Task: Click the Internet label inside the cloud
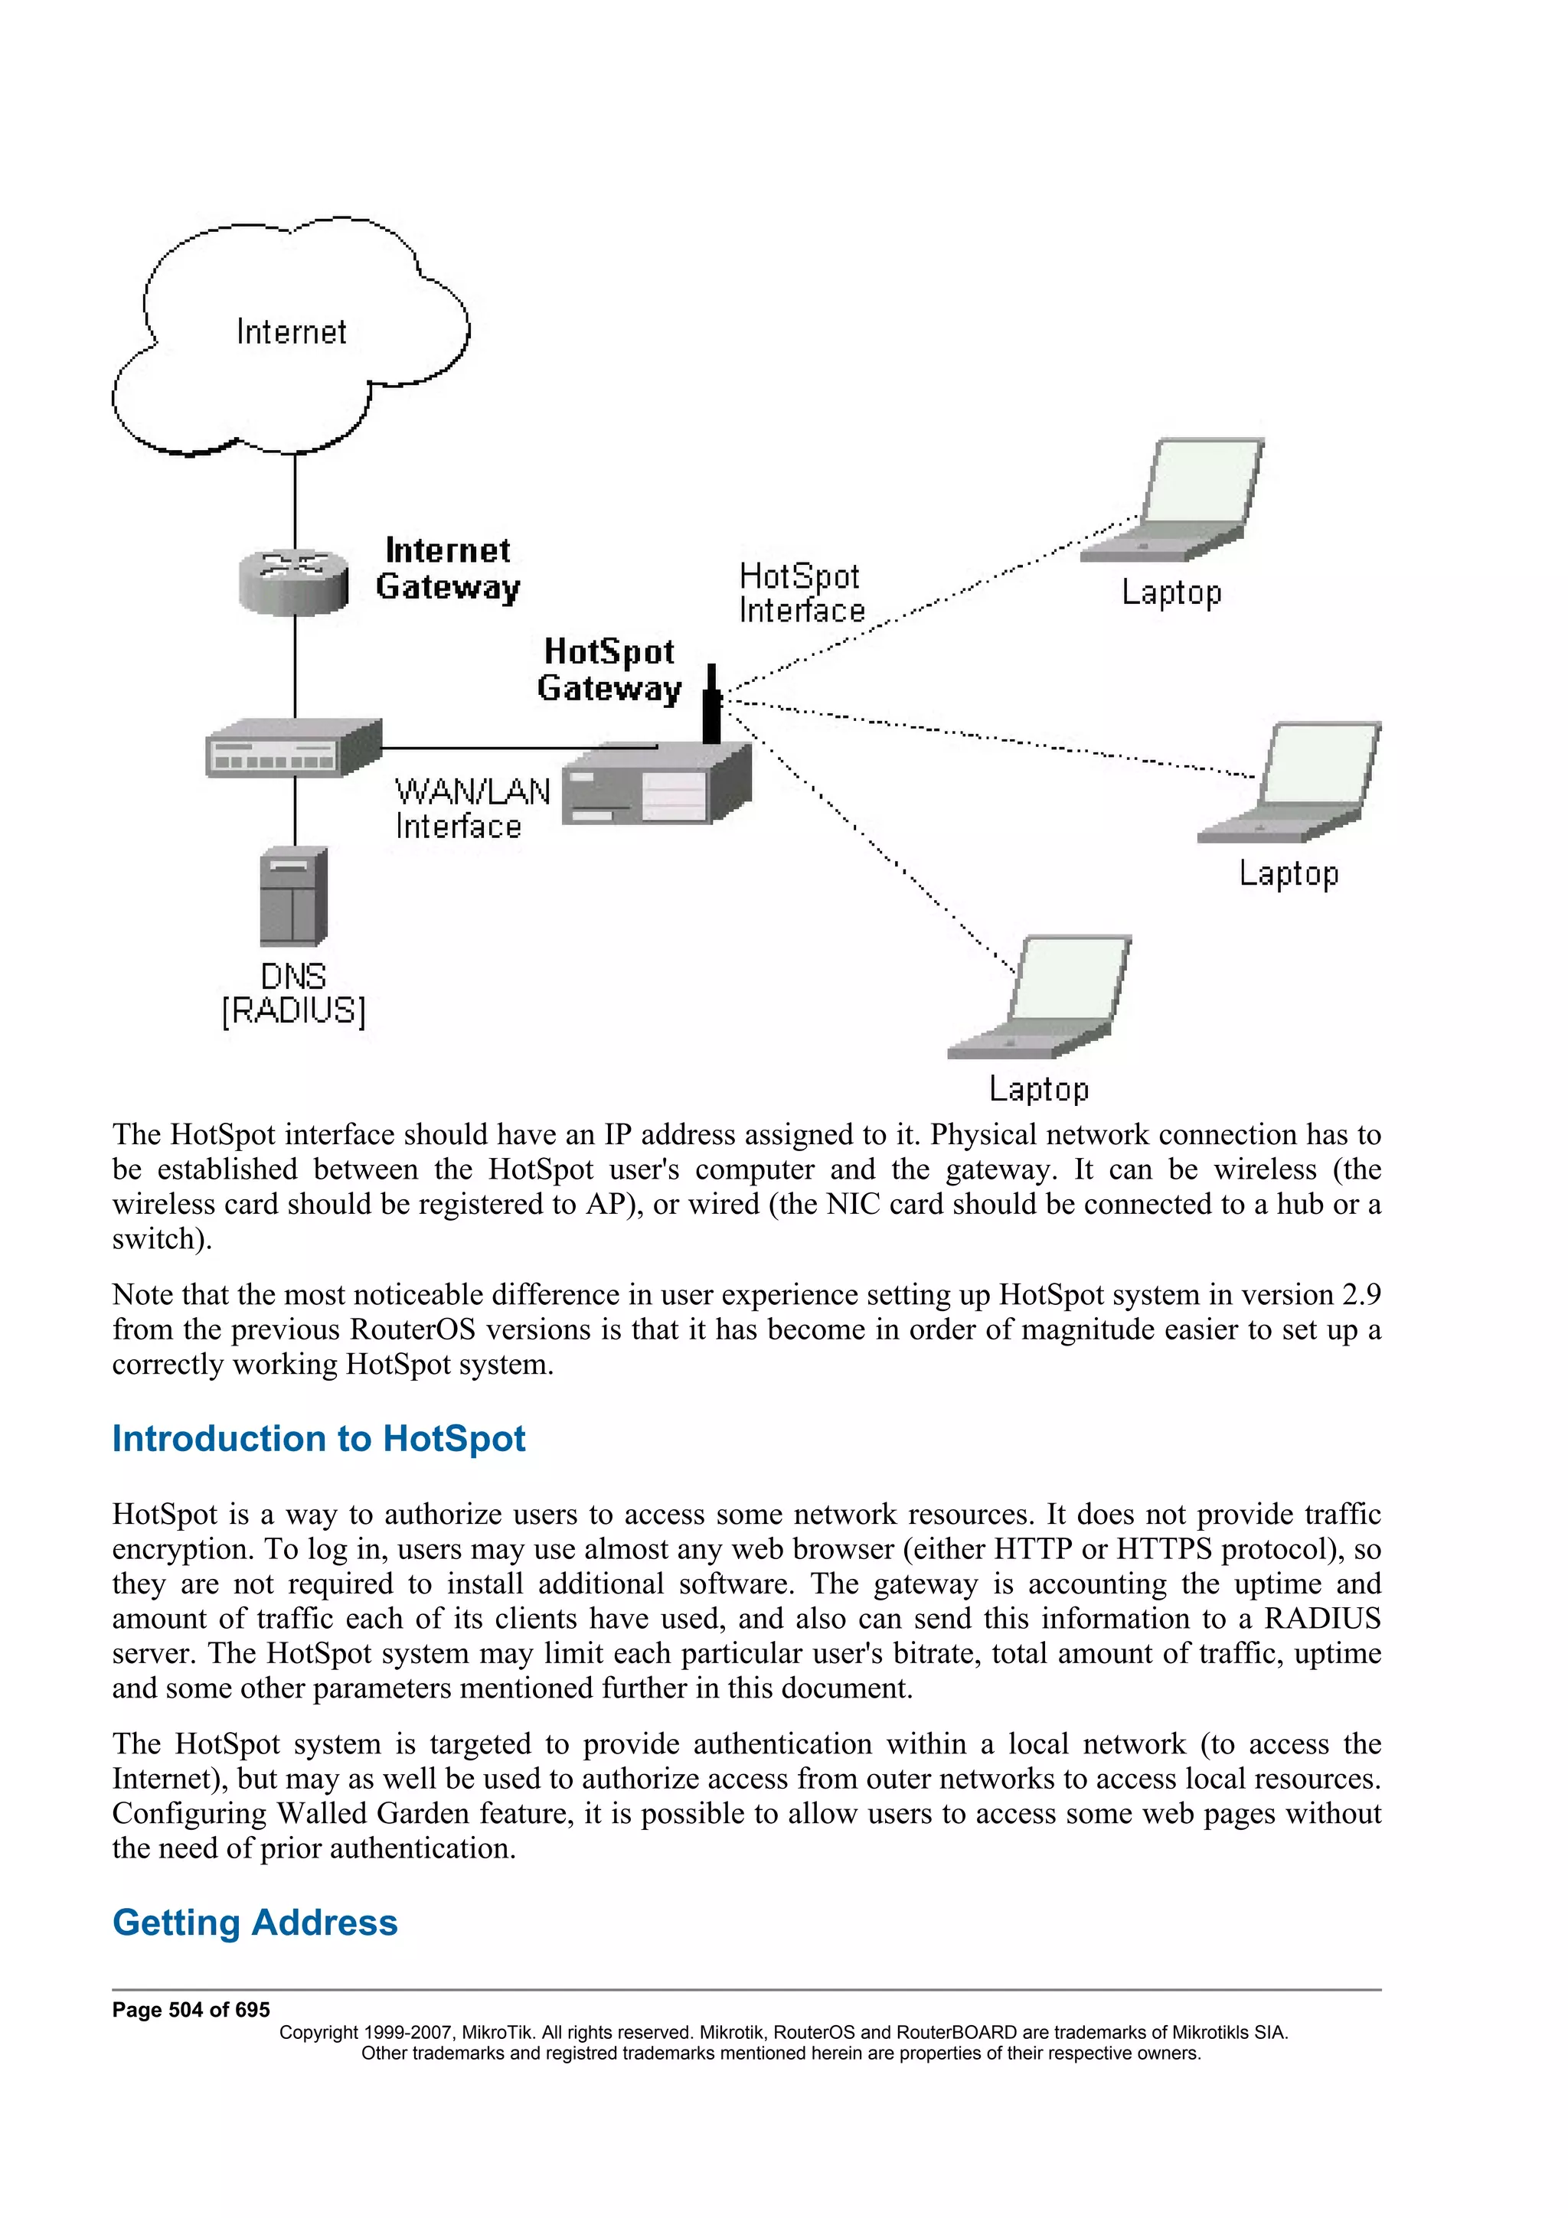tap(291, 331)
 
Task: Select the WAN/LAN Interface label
tap(472, 808)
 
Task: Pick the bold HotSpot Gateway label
tap(609, 670)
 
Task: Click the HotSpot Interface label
tap(801, 593)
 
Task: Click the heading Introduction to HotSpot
tap(318, 1438)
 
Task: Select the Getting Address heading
tap(255, 1923)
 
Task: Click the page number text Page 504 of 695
tap(191, 2009)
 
